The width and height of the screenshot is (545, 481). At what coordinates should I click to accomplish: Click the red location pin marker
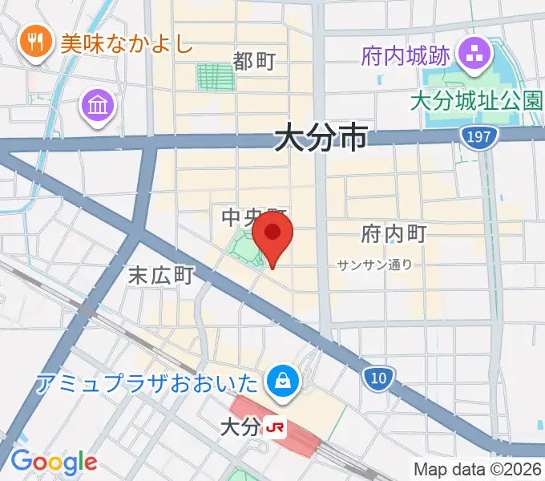[x=272, y=234]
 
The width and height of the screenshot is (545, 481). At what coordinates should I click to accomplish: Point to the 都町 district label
[x=255, y=61]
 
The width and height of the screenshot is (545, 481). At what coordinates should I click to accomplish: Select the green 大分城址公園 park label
[x=476, y=103]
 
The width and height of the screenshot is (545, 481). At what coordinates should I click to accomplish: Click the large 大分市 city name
[x=321, y=137]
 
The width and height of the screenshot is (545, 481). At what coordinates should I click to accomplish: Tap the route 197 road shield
[x=478, y=137]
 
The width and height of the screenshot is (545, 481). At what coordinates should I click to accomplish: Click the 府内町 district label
[x=394, y=234]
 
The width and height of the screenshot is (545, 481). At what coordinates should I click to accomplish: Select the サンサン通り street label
[x=374, y=264]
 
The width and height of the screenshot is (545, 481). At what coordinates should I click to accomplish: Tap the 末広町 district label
[x=161, y=276]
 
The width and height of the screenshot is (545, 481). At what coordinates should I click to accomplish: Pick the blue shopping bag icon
[x=283, y=378]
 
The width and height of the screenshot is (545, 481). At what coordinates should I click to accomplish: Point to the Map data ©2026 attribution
[x=477, y=469]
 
